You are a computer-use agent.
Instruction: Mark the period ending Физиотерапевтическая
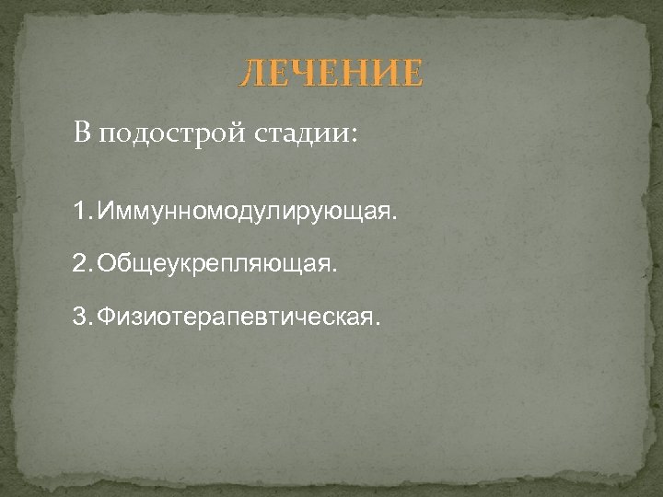pos(376,324)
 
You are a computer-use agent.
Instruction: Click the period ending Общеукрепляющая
pos(336,272)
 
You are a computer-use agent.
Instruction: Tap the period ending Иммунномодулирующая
pos(397,219)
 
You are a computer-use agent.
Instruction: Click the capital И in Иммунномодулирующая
pos(105,214)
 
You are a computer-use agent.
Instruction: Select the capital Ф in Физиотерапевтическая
pos(105,318)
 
